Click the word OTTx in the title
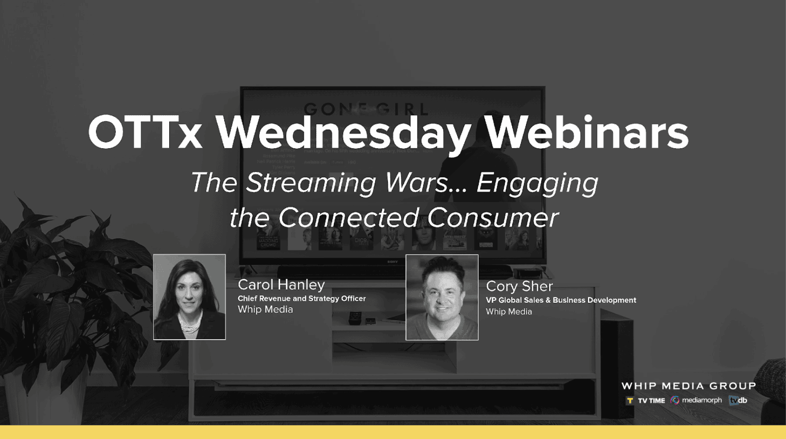click(x=145, y=133)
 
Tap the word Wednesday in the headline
click(x=343, y=133)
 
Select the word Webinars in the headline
click(x=587, y=133)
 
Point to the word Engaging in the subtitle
click(x=537, y=183)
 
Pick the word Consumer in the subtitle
click(x=493, y=218)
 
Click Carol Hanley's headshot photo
click(x=189, y=297)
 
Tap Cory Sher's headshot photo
click(x=442, y=298)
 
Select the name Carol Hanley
click(x=281, y=285)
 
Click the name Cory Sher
click(x=519, y=287)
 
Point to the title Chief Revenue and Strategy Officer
click(x=301, y=298)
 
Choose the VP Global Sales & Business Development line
click(x=560, y=300)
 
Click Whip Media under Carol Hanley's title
click(x=265, y=310)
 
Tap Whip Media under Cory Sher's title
click(x=509, y=312)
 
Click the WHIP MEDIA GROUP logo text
click(x=688, y=386)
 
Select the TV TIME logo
click(x=646, y=400)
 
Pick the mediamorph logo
click(x=696, y=400)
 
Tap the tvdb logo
click(x=738, y=400)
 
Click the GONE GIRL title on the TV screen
click(x=365, y=109)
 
